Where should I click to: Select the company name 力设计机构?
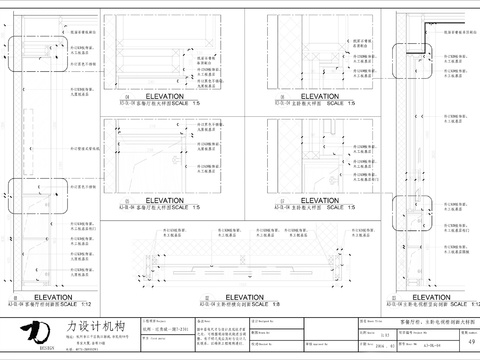pyautogui.click(x=97, y=325)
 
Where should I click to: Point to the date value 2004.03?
pyautogui.click(x=384, y=344)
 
